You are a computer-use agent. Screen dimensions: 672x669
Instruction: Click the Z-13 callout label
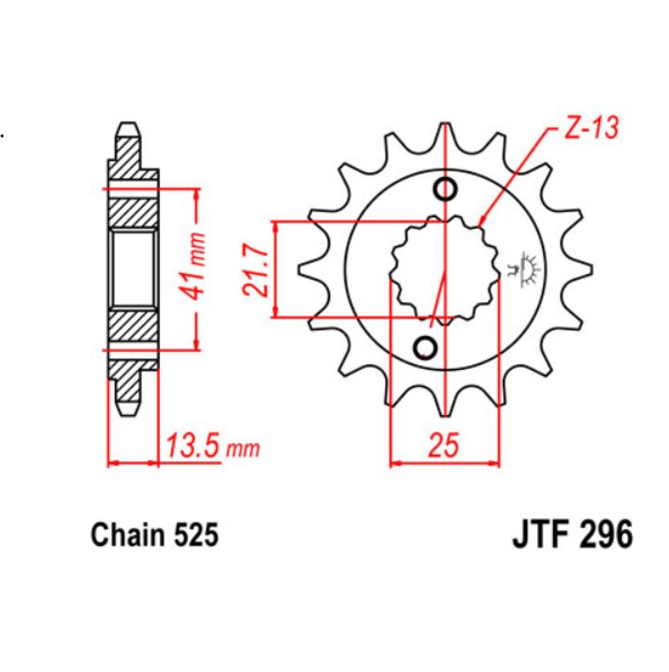[x=591, y=129]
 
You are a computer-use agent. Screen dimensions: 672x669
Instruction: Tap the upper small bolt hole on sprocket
[x=445, y=190]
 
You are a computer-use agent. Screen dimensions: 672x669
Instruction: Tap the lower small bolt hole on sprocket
[x=426, y=348]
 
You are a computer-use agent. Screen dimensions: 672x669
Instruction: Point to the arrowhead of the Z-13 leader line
[x=482, y=222]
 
